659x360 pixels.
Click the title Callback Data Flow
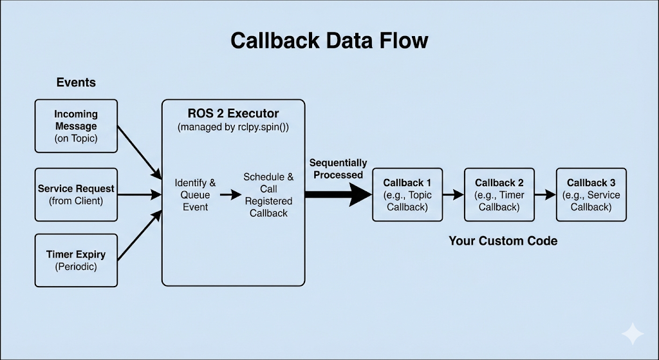[x=329, y=41]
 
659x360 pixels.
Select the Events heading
[x=76, y=82]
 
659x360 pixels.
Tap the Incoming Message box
[x=76, y=126]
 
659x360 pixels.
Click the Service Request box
[x=76, y=194]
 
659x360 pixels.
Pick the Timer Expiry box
[x=76, y=260]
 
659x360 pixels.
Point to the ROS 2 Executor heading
[x=233, y=113]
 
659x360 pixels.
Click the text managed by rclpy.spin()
[x=233, y=127]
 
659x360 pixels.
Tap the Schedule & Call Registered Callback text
[x=268, y=194]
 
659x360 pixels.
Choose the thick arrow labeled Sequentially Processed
[x=338, y=194]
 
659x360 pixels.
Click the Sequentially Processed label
[x=338, y=169]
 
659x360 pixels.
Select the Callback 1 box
[x=407, y=194]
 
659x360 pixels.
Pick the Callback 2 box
[x=499, y=194]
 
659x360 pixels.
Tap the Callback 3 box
[x=591, y=194]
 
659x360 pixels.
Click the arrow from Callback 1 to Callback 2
[x=453, y=194]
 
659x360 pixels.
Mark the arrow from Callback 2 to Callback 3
[x=545, y=194]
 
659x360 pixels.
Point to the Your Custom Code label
[x=503, y=241]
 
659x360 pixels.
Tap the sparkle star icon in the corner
[x=632, y=334]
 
